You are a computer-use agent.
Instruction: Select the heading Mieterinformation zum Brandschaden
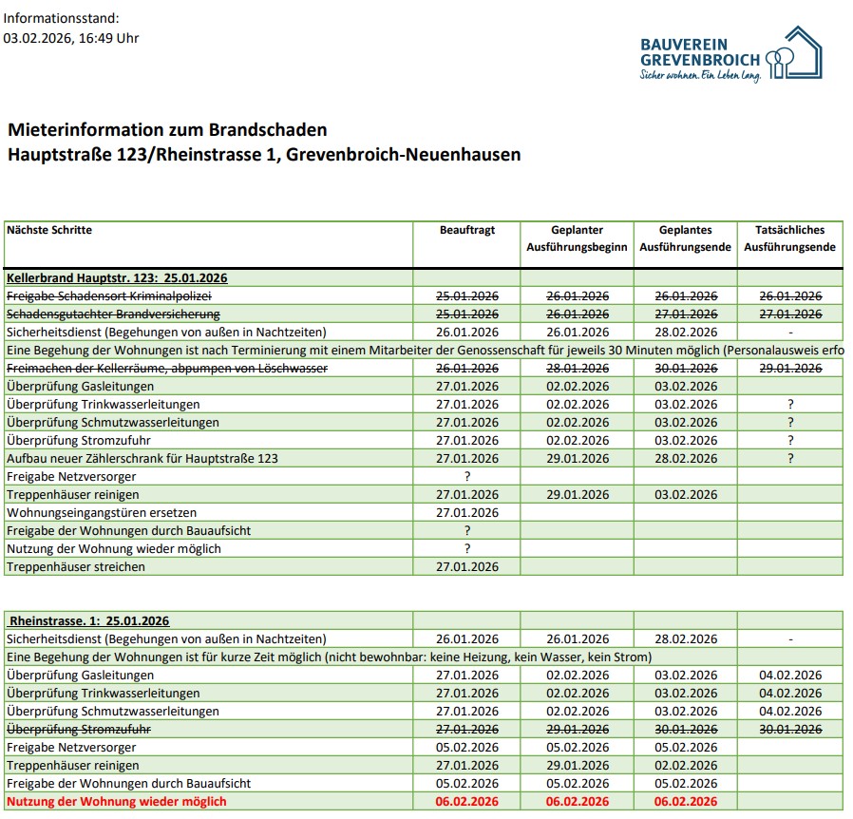[x=166, y=130]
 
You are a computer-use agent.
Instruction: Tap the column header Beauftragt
[x=466, y=230]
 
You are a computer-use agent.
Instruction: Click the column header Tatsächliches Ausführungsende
[x=789, y=238]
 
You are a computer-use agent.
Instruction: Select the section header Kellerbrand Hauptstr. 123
[x=117, y=278]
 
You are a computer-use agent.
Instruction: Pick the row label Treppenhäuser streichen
[x=76, y=567]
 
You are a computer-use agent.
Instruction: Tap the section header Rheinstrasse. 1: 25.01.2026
[x=88, y=621]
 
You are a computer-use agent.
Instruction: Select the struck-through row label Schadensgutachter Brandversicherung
[x=113, y=314]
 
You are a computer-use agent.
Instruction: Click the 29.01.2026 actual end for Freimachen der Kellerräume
[x=789, y=369]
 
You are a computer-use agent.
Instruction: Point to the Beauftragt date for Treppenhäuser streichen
[x=466, y=567]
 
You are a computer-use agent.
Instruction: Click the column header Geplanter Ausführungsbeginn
[x=577, y=238]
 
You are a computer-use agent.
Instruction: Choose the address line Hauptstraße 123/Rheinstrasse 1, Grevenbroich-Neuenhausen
[x=264, y=155]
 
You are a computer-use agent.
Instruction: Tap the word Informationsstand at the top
[x=62, y=18]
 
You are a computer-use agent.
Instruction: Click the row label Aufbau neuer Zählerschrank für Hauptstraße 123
[x=142, y=459]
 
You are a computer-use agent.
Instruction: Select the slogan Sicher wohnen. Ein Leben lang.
[x=701, y=75]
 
